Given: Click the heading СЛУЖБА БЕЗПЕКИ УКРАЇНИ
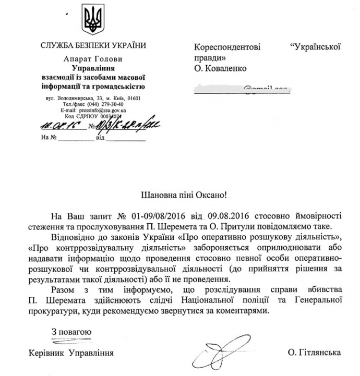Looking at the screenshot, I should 92,46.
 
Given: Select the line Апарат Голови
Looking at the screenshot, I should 91,59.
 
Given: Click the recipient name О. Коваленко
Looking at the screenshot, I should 218,68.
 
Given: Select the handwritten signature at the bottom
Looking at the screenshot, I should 222,355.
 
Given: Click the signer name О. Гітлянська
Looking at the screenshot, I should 313,353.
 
